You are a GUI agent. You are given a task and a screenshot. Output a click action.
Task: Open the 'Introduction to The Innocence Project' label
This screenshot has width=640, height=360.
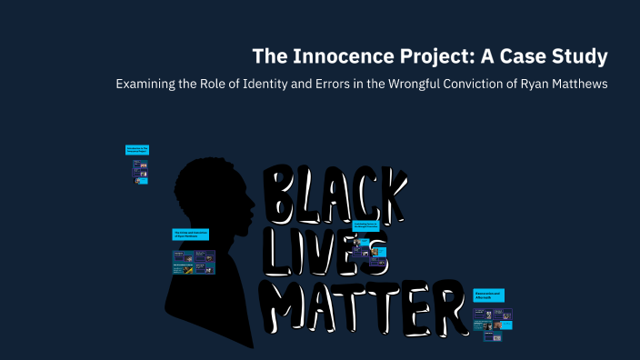point(137,149)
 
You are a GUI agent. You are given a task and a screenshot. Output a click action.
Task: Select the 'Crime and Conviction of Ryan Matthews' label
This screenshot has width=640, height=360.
point(192,234)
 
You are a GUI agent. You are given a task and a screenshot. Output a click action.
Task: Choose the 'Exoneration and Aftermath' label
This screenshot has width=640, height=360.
point(488,295)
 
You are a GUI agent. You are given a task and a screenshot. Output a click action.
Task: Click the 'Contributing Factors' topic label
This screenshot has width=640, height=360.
point(365,225)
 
